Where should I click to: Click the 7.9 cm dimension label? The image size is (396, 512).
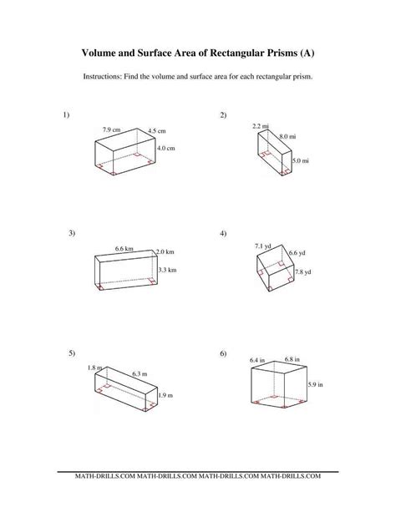pos(112,129)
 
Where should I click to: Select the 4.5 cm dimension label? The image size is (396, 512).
pos(157,131)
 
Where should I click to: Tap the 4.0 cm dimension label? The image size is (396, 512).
pos(165,148)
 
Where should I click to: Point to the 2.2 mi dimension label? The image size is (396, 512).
pos(260,125)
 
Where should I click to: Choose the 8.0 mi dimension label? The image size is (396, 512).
pos(289,135)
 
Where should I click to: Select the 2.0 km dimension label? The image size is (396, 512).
pos(165,251)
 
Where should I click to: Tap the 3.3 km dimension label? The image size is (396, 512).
pos(166,270)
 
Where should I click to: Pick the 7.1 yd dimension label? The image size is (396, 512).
pos(263,246)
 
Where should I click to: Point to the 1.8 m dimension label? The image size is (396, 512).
pos(94,368)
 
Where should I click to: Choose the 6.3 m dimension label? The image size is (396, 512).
pos(138,375)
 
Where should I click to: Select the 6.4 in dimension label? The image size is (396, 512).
pos(258,359)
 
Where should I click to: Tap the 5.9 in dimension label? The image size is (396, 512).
pos(314,384)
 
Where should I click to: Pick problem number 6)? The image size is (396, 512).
pos(224,354)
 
